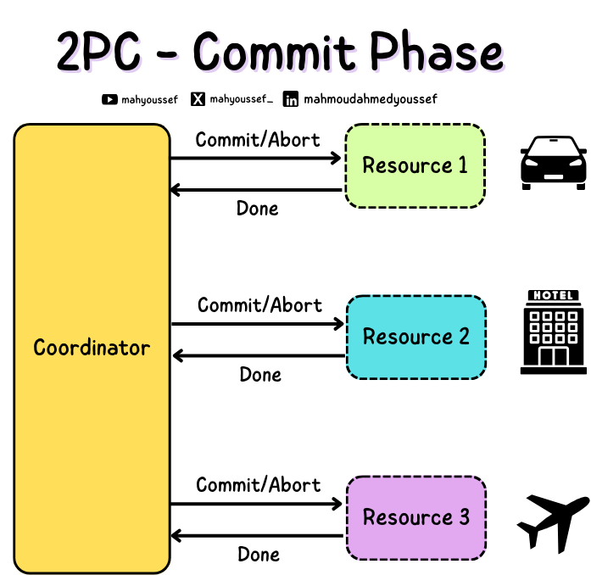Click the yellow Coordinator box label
(92, 348)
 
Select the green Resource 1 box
(415, 165)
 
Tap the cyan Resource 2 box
(415, 337)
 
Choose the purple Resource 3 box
(415, 517)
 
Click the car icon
(553, 161)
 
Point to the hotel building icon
(553, 332)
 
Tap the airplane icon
(553, 522)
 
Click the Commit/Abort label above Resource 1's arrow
(258, 140)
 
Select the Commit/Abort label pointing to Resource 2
(259, 305)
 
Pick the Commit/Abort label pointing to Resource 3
(258, 485)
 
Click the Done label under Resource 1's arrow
(258, 209)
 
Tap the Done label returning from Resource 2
(260, 375)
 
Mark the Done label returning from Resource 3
(259, 555)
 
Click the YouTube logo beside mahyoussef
(109, 99)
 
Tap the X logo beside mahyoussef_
(198, 99)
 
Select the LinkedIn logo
(291, 99)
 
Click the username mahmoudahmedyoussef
(370, 99)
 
